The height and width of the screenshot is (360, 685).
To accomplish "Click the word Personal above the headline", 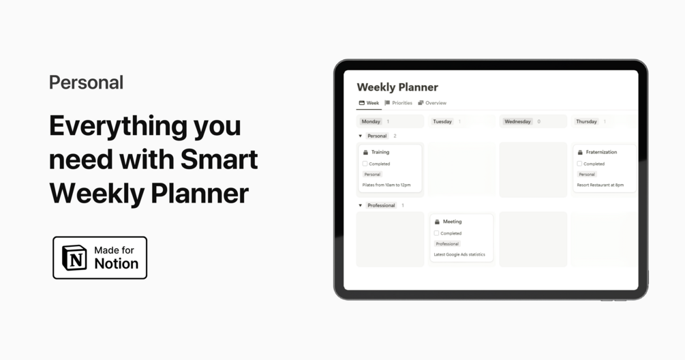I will [x=86, y=82].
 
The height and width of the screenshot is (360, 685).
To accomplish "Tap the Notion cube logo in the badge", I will [x=74, y=258].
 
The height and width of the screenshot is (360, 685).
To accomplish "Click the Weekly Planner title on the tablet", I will [x=397, y=87].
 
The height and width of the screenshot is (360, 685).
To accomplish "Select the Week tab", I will [x=369, y=103].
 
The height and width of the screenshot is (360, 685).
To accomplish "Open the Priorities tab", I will [x=399, y=103].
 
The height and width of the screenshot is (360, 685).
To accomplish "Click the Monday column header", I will [x=371, y=121].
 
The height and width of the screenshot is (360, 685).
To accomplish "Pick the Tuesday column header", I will [x=442, y=121].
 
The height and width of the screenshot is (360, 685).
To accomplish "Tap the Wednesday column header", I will [x=517, y=121].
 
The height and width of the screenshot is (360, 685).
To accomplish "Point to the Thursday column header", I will [x=586, y=121].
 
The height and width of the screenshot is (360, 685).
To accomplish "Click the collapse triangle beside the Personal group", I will [x=361, y=136].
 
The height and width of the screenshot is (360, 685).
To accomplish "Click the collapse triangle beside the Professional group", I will [x=361, y=205].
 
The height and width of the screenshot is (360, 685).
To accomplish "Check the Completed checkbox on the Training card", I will [x=365, y=164].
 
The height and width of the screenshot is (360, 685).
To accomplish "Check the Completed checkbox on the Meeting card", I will [x=437, y=233].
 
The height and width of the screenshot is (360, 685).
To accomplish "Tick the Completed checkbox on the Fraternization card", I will [x=579, y=164].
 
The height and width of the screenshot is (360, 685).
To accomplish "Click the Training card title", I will [x=380, y=152].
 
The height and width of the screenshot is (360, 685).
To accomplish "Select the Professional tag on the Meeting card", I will [x=447, y=243].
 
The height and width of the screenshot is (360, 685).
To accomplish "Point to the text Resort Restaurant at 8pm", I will [x=600, y=185].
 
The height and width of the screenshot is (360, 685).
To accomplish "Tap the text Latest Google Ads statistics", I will [x=459, y=254].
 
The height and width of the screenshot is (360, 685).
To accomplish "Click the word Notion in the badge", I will [x=116, y=264].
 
